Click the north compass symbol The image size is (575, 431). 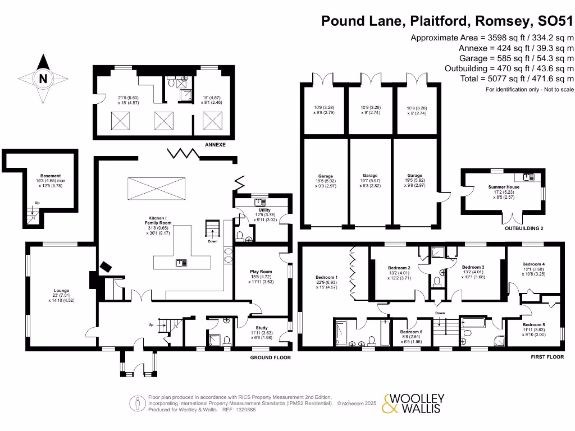pyautogui.click(x=43, y=79)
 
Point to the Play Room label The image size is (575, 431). pyautogui.click(x=261, y=272)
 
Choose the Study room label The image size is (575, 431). pyautogui.click(x=261, y=328)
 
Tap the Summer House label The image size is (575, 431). pyautogui.click(x=504, y=187)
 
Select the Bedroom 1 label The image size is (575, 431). pyautogui.click(x=327, y=277)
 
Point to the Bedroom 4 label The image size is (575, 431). pyautogui.click(x=533, y=264)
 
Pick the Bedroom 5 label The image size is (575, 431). pyautogui.click(x=533, y=324)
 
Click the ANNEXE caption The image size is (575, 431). pyautogui.click(x=215, y=145)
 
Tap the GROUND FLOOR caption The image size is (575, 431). pyautogui.click(x=270, y=357)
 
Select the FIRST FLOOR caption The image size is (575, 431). pyautogui.click(x=546, y=356)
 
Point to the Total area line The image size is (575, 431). pyautogui.click(x=517, y=79)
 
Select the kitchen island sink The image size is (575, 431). pyautogui.click(x=181, y=262)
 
